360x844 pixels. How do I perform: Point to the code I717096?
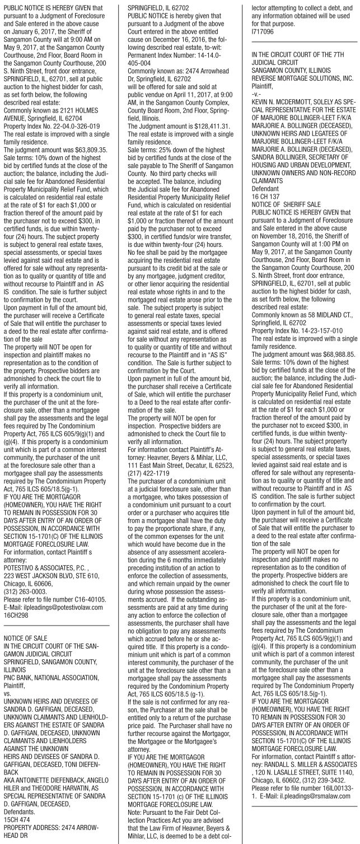[255, 32]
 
